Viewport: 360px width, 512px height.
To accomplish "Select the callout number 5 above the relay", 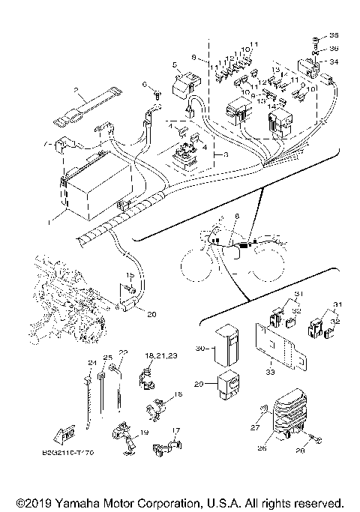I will pos(173,65).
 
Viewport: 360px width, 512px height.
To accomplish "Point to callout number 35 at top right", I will pos(334,36).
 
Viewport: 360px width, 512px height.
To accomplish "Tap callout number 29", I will pos(199,383).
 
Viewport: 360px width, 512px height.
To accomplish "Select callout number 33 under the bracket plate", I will pos(269,370).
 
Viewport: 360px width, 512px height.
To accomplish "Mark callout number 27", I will pos(253,427).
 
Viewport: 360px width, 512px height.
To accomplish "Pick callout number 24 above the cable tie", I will pos(92,364).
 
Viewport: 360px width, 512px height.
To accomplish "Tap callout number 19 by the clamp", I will pos(143,433).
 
